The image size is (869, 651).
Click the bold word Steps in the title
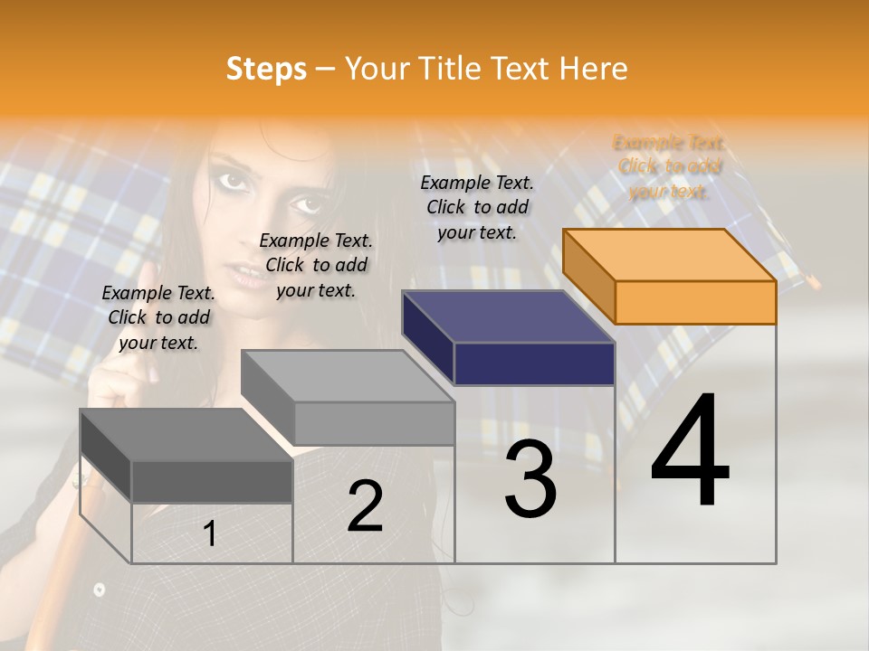click(x=266, y=69)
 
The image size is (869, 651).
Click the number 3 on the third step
click(x=530, y=479)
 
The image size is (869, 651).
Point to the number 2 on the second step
click(x=365, y=506)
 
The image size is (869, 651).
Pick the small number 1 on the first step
click(x=209, y=534)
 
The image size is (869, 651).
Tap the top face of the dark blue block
click(x=508, y=316)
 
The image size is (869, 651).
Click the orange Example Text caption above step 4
click(x=669, y=166)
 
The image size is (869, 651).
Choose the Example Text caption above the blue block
click(x=477, y=207)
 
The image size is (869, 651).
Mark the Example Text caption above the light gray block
click(x=316, y=265)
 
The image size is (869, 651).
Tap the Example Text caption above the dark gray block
click(x=158, y=317)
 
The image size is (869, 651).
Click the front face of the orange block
click(x=695, y=302)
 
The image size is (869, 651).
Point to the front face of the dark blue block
click(x=534, y=363)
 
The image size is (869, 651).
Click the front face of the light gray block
click(x=374, y=423)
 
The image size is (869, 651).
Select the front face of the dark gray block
click(x=212, y=481)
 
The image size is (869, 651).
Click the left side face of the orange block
click(x=588, y=276)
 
